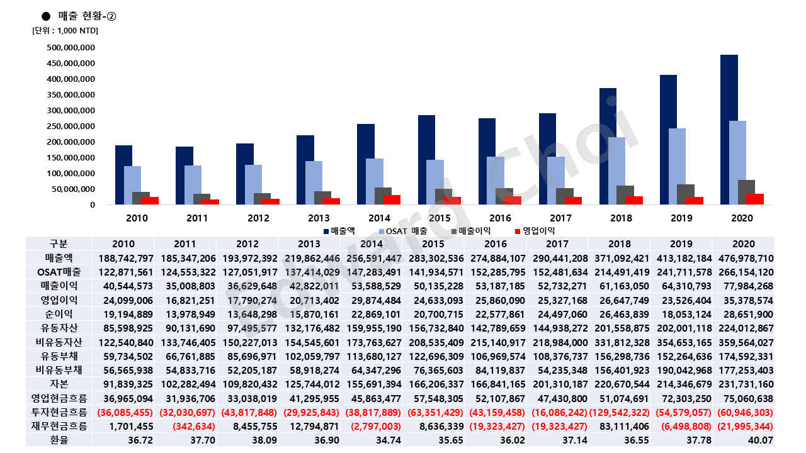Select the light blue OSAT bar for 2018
(616, 171)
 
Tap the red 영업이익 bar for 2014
(392, 199)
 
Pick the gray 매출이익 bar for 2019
(686, 194)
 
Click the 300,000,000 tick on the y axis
(71, 111)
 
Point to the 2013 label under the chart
(319, 218)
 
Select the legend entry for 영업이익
(534, 231)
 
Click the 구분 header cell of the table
(59, 244)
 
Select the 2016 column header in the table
(496, 244)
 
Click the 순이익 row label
(59, 313)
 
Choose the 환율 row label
(59, 439)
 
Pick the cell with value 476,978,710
(744, 258)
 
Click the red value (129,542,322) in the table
(620, 411)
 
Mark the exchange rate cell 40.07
(744, 439)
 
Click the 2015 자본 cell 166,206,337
(434, 383)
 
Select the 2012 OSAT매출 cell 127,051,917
(249, 272)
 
